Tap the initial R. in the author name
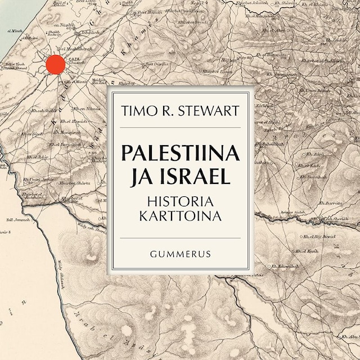167,110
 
